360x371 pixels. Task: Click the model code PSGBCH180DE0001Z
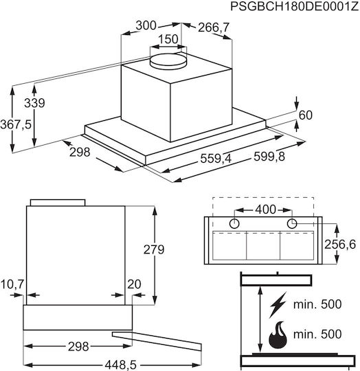[295, 6]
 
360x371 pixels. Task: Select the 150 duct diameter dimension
[168, 39]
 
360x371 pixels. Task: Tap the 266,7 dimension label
[214, 27]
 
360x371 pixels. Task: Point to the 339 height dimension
[34, 103]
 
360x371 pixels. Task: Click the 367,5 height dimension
[16, 124]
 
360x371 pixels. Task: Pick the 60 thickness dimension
[306, 115]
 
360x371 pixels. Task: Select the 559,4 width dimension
[216, 158]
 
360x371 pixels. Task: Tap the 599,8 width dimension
[269, 157]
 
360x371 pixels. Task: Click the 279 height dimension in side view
[154, 249]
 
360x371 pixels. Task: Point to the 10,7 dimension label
[12, 284]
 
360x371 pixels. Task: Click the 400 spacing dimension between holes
[266, 210]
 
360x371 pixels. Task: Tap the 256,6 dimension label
[340, 245]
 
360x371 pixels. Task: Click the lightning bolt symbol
[278, 305]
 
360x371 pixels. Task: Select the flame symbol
[278, 335]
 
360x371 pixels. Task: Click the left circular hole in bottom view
[234, 223]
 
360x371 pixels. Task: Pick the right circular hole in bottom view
[292, 223]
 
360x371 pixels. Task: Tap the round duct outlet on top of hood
[168, 61]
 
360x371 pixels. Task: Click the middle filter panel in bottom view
[263, 245]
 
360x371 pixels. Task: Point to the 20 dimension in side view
[134, 284]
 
